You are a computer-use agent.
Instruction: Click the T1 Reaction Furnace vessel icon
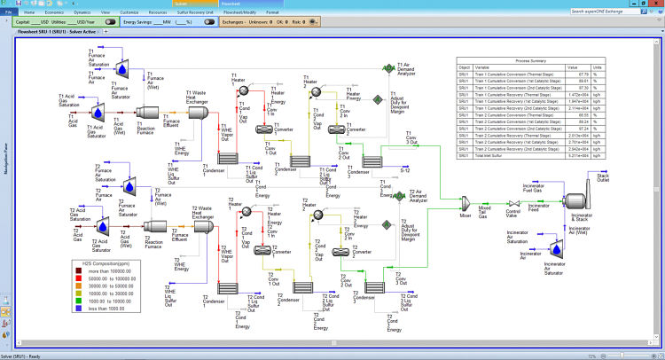click(x=148, y=116)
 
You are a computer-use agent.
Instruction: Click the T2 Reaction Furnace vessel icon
click(x=153, y=228)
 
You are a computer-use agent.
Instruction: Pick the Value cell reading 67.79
click(x=573, y=74)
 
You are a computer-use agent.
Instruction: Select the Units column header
click(x=596, y=66)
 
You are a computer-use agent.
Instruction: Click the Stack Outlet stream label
click(x=603, y=178)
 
